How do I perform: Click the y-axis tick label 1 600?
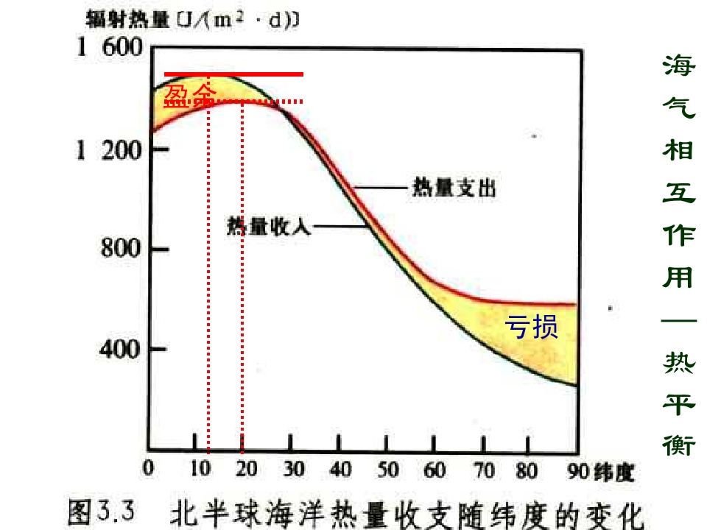pyautogui.click(x=109, y=50)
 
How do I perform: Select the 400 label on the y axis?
pyautogui.click(x=120, y=348)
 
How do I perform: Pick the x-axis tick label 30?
pyautogui.click(x=293, y=470)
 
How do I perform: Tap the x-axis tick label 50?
pyautogui.click(x=387, y=470)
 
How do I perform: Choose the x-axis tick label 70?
pyautogui.click(x=482, y=470)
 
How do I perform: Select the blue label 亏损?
pyautogui.click(x=531, y=326)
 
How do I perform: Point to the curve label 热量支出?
pyautogui.click(x=454, y=189)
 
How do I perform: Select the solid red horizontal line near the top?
pyautogui.click(x=233, y=74)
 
